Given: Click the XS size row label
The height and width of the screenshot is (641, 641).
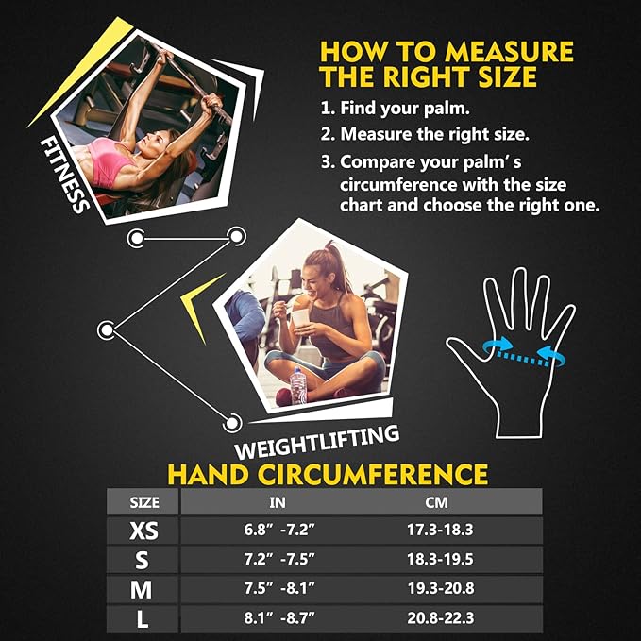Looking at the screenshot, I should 142,531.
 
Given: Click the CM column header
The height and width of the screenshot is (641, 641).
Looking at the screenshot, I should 440,502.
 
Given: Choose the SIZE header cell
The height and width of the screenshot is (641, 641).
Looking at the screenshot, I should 143,502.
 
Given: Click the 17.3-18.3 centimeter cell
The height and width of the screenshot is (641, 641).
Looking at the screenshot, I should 440,531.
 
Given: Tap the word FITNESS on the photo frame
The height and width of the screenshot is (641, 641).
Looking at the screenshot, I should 65,174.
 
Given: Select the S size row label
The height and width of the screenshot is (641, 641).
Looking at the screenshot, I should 142,561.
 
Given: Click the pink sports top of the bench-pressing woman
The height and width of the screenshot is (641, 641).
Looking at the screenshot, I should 114,166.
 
